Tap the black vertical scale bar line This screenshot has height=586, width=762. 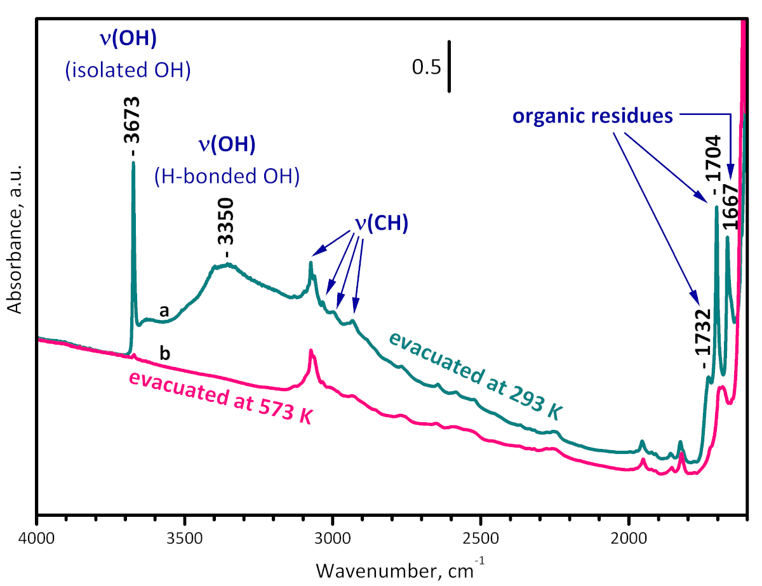[449, 67]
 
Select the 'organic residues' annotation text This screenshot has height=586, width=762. [592, 116]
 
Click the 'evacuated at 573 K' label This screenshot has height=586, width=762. [222, 397]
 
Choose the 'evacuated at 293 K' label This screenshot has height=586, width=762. [476, 375]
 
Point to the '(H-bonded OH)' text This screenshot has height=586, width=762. [227, 177]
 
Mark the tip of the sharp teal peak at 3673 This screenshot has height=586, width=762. [133, 163]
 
